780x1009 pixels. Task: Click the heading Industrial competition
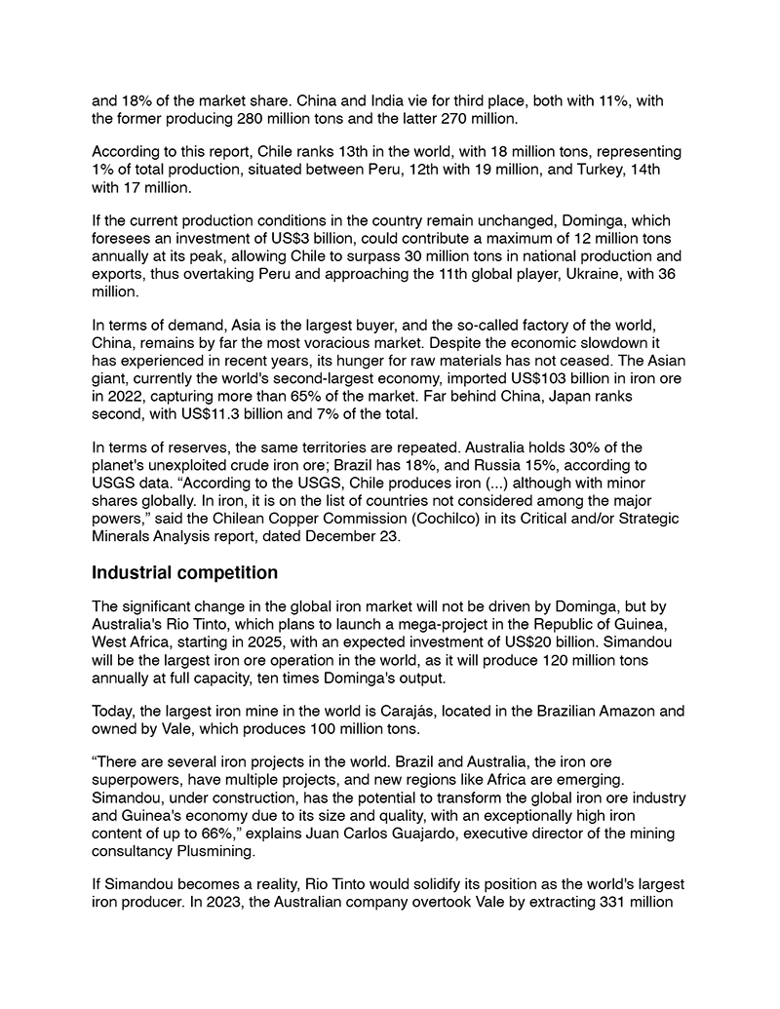coord(184,572)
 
